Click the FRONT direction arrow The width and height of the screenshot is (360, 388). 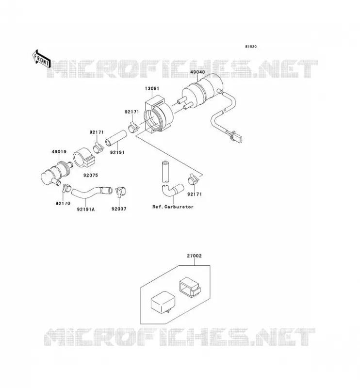42,59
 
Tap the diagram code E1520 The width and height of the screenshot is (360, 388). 251,47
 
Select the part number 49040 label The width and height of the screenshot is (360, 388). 197,72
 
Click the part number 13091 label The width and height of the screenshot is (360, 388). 152,88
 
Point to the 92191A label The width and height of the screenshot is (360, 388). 86,210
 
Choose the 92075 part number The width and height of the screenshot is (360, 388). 91,175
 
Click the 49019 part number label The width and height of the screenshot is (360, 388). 59,152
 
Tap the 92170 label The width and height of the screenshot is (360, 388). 63,203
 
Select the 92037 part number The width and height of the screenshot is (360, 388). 119,209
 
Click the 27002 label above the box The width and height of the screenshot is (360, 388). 194,256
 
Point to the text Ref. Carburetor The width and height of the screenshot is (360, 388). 173,207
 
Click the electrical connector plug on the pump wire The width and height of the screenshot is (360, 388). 233,137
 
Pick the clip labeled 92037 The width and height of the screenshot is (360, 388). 121,191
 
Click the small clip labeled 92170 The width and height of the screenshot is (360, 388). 66,188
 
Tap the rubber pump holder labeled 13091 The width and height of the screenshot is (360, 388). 159,114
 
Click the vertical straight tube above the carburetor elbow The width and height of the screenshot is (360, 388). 165,172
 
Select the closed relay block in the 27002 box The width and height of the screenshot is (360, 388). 163,303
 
